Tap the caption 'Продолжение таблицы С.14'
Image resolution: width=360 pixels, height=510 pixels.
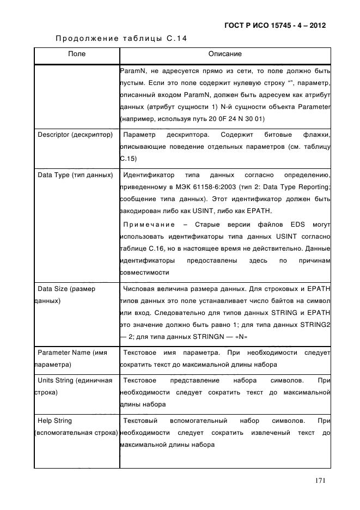121,39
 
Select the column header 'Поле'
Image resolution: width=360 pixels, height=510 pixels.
76,54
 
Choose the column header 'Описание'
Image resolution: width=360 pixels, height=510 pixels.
225,54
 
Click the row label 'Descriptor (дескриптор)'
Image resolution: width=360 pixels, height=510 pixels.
75,135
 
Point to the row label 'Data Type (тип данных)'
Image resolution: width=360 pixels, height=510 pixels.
75,175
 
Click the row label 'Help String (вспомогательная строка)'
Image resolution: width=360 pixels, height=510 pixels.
76,427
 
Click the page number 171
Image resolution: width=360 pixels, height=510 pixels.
320,480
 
